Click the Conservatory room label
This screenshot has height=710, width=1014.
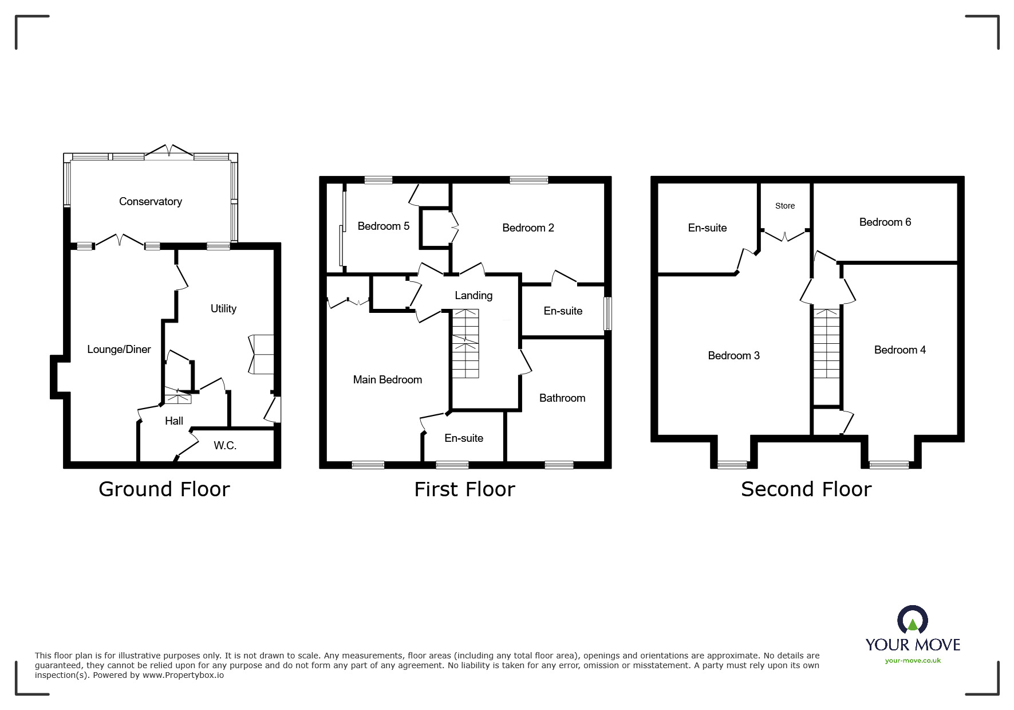[151, 202]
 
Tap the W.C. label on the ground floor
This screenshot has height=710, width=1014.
[225, 446]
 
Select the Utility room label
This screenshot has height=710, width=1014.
[223, 309]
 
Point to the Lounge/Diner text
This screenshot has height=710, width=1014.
[119, 350]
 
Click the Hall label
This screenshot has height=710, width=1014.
[174, 421]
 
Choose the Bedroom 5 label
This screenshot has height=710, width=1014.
[383, 226]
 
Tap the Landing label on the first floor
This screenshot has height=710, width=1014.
[474, 296]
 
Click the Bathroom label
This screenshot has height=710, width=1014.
[562, 398]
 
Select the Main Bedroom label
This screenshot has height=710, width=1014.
[387, 380]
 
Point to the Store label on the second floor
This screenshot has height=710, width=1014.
[784, 206]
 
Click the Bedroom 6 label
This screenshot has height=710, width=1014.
[885, 222]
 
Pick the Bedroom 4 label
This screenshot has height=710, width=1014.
[899, 350]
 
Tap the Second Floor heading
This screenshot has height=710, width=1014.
[806, 489]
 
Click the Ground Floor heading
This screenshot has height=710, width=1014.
[164, 489]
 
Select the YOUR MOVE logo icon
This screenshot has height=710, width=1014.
[912, 621]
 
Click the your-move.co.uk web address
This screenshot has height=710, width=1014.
[913, 661]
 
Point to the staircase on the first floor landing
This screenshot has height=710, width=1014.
[465, 344]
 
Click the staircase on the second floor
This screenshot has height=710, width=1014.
[826, 344]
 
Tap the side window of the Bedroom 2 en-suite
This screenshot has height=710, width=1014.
[608, 313]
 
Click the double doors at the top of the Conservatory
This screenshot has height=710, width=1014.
[169, 152]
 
